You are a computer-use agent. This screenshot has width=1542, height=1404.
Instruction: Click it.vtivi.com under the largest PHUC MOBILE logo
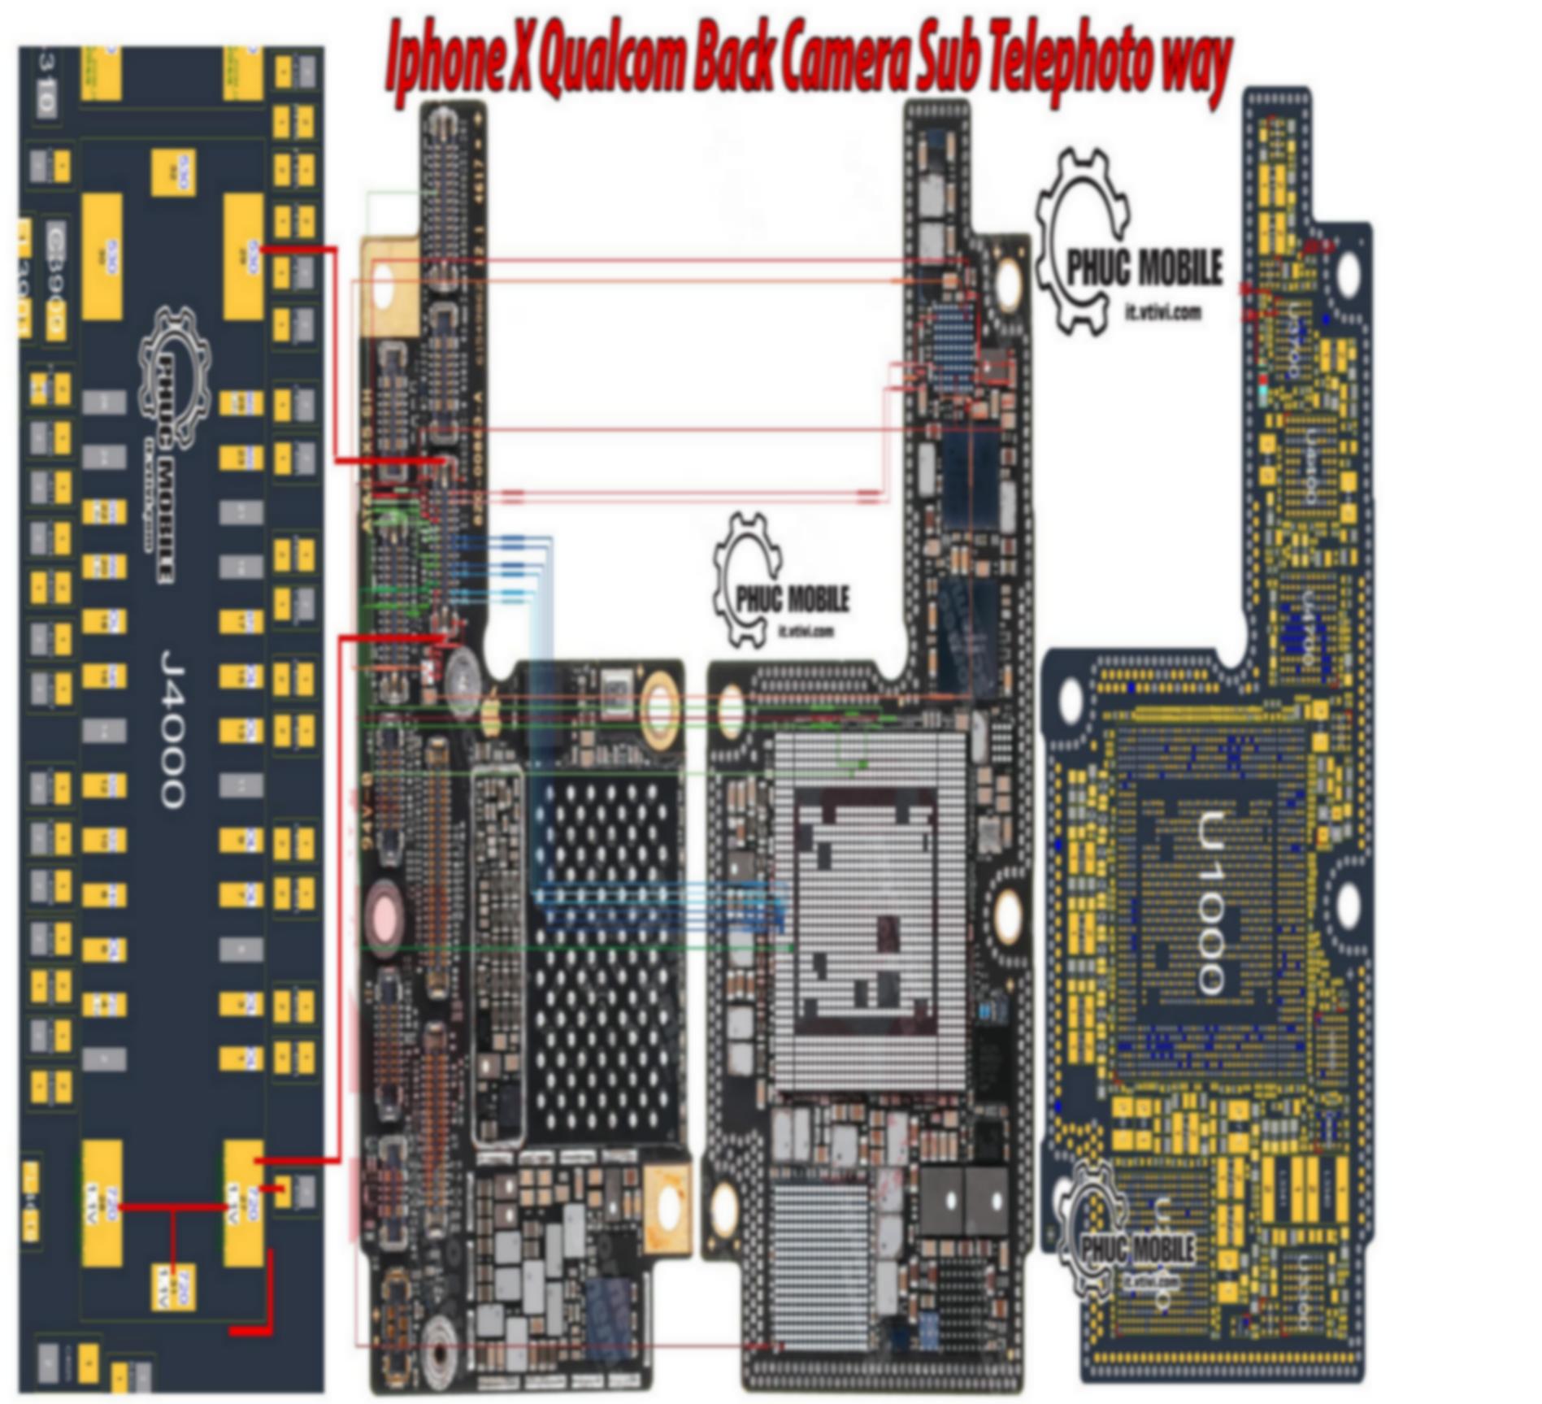point(1162,311)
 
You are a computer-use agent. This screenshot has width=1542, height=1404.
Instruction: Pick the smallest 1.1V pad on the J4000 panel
point(173,1286)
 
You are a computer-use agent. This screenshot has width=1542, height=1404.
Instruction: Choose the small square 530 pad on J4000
point(173,172)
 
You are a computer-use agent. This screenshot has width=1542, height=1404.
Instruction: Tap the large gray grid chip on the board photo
point(870,911)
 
